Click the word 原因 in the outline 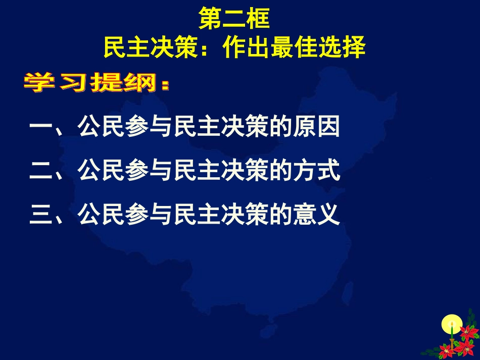317,128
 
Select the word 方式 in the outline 317,171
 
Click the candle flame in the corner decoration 452,323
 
